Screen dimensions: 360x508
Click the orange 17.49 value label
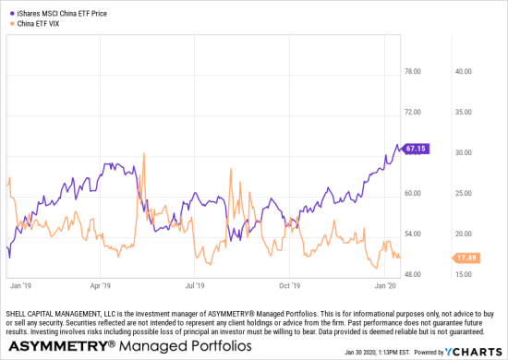click(466, 258)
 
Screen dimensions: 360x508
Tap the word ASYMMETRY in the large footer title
click(56, 346)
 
